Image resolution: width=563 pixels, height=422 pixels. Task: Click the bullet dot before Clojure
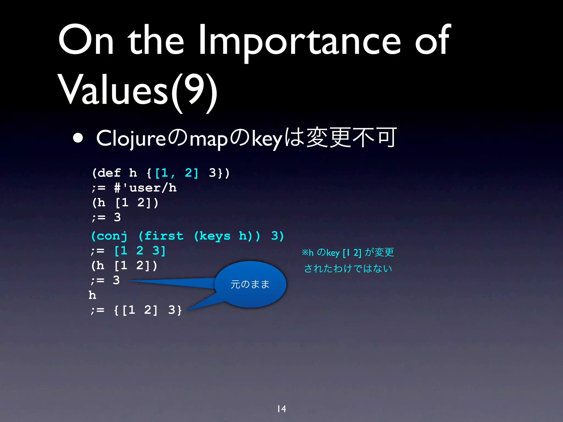coord(78,138)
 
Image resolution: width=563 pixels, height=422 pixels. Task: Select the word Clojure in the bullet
coord(131,138)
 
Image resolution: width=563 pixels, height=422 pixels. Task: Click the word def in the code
coord(109,173)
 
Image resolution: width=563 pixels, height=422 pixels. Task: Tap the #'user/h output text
coord(145,188)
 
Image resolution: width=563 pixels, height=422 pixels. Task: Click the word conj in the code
coord(112,236)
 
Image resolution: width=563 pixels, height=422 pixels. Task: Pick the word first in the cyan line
coord(164,236)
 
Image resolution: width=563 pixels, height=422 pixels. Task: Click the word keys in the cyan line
coord(215,236)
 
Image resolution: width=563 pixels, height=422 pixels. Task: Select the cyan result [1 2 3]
coord(140,251)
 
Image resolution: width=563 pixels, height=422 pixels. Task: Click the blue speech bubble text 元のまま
coord(250,284)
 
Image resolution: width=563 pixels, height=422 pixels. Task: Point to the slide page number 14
coord(281,409)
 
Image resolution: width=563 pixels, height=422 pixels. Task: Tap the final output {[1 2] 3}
coord(148,310)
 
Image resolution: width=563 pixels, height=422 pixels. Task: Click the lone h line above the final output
coord(92,295)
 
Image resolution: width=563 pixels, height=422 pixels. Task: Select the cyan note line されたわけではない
coord(348,268)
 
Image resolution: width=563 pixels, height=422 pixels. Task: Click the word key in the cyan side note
coord(333,253)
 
